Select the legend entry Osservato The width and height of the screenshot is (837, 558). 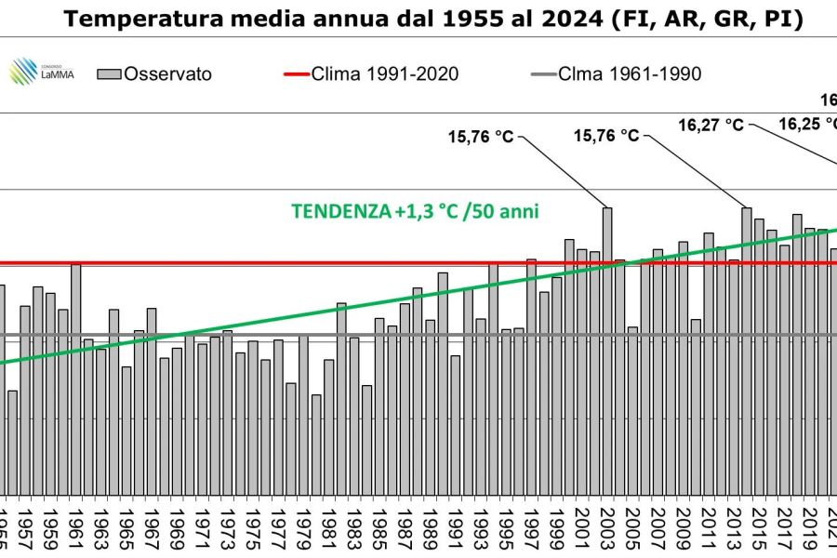(x=167, y=73)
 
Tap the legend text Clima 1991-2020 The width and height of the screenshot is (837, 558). (x=384, y=73)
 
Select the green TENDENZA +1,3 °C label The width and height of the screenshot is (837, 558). (x=416, y=211)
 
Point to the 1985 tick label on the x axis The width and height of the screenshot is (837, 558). (x=379, y=530)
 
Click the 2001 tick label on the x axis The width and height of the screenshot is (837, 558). (x=581, y=530)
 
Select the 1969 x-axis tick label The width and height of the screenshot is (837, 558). (x=177, y=530)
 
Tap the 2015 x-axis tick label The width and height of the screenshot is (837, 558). (x=758, y=530)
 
